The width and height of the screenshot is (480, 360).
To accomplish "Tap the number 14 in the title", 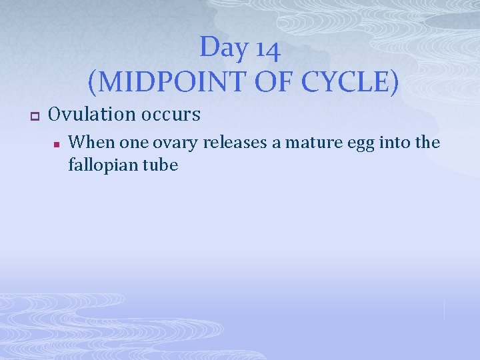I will (x=267, y=48).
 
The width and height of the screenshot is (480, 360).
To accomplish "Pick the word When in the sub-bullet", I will (x=92, y=142).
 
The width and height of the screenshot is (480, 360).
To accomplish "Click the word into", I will (x=391, y=142).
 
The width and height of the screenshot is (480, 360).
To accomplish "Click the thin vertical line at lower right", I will (x=444, y=309).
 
